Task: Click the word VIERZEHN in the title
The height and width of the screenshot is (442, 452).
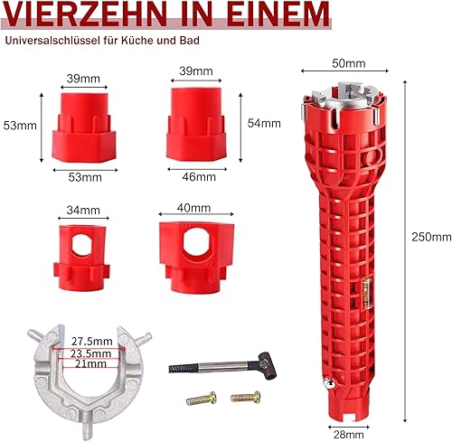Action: click(86, 14)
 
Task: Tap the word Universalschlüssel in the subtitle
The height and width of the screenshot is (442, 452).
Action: click(52, 41)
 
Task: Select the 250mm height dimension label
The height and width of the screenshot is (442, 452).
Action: click(431, 237)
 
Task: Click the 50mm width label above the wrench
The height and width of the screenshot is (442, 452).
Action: click(349, 63)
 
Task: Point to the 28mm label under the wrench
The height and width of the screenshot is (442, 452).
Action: click(349, 435)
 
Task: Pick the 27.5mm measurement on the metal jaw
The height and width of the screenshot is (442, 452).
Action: click(92, 342)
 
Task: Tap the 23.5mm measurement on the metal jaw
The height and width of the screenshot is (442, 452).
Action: click(91, 353)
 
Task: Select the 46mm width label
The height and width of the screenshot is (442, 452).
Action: click(199, 177)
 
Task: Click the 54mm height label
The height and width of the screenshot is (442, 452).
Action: click(264, 123)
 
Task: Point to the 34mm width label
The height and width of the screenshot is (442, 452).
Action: click(83, 210)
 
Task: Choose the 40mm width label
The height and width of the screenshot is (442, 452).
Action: click(193, 208)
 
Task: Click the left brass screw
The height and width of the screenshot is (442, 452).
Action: click(201, 399)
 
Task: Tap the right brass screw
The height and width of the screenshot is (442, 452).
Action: click(246, 397)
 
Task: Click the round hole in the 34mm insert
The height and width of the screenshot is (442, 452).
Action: click(81, 245)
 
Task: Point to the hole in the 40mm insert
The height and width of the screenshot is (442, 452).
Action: click(195, 241)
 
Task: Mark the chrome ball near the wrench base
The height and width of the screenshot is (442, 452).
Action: click(327, 383)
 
